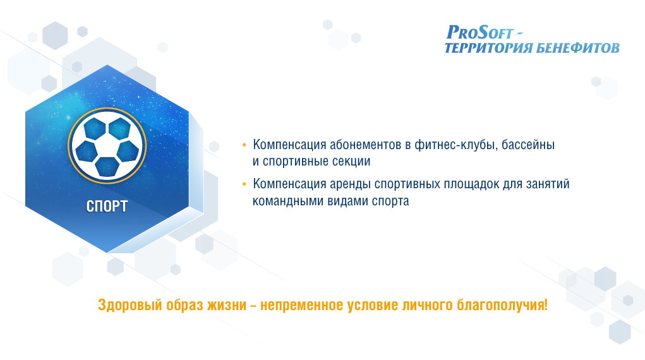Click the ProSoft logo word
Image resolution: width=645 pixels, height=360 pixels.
[480, 32]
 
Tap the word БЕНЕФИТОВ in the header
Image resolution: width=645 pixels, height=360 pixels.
[579, 48]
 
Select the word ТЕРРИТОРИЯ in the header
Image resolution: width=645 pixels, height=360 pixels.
[489, 48]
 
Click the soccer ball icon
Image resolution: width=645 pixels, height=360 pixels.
[107, 146]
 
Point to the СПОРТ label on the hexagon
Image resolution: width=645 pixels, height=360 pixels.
[107, 206]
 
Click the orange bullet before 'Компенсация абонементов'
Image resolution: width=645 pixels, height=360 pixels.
[244, 145]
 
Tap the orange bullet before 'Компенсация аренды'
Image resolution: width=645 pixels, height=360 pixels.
[244, 184]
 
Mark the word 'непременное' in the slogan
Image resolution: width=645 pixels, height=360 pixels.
[302, 306]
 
